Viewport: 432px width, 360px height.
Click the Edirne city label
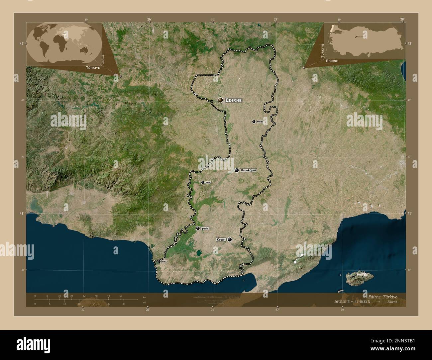point(234,100)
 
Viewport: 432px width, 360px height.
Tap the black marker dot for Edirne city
point(220,100)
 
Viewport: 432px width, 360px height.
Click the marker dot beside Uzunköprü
point(237,170)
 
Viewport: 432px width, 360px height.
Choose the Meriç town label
point(208,182)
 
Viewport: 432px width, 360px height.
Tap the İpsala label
point(205,228)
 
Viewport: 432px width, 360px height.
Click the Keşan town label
point(221,239)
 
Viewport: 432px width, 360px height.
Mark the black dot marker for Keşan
point(230,239)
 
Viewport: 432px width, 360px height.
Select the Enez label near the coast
point(164,262)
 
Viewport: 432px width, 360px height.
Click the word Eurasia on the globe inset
point(104,59)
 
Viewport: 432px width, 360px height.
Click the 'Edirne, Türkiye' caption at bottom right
point(382,296)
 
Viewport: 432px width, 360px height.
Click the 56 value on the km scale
point(121,296)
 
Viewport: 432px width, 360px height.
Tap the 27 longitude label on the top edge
point(276,19)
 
